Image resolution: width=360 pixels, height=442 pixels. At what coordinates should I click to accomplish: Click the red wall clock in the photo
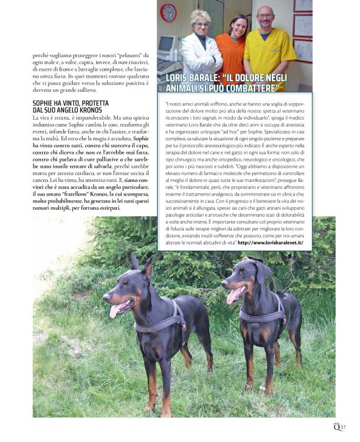click(x=168, y=12)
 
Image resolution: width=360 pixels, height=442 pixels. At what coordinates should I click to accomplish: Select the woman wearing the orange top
click(x=230, y=50)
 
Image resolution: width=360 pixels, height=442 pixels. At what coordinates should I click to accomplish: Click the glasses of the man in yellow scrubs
click(x=266, y=15)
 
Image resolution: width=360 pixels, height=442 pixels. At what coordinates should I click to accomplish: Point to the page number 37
click(x=343, y=426)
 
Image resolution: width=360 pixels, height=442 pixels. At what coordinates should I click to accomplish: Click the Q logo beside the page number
click(x=336, y=426)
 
